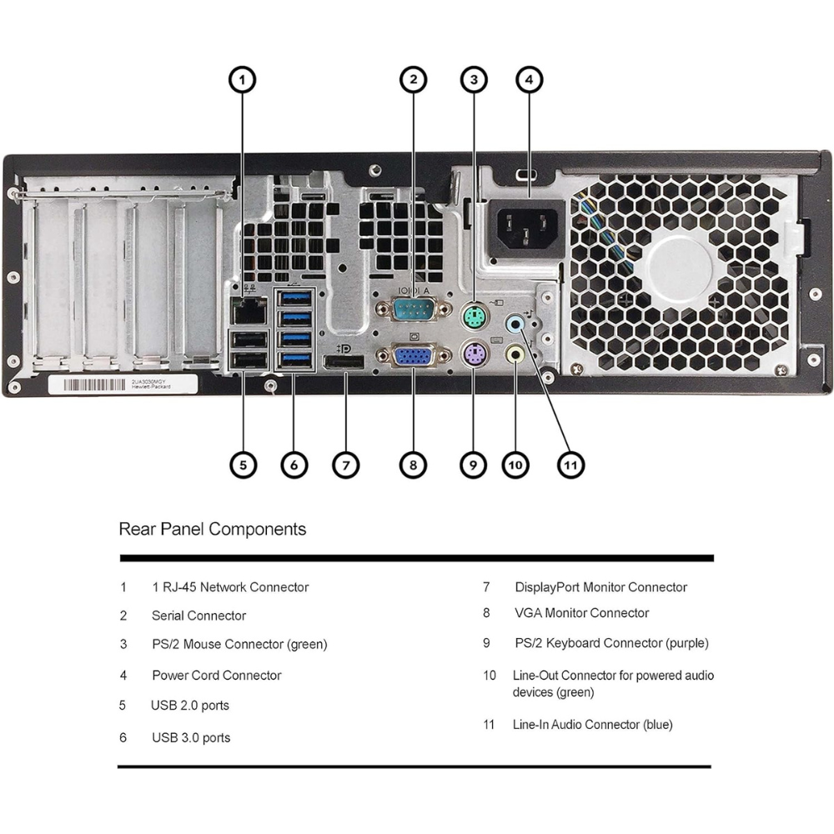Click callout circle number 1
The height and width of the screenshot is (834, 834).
coord(242,80)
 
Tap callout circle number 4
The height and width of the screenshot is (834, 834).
coord(529,80)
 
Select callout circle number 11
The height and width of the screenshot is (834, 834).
coord(570,465)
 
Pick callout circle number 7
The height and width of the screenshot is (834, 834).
coord(346,465)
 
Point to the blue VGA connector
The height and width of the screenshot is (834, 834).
coord(412,357)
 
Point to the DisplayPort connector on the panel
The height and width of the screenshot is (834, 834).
coord(344,364)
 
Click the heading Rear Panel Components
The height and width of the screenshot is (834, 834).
coord(213,529)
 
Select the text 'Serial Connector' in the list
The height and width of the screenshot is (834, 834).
coord(198,615)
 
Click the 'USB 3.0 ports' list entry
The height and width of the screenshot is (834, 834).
coord(191,737)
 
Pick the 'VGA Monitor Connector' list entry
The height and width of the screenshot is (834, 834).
coord(581,613)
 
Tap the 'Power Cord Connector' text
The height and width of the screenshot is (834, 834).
coord(217,676)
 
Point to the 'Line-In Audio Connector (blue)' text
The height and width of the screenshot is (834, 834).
coord(592,725)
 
